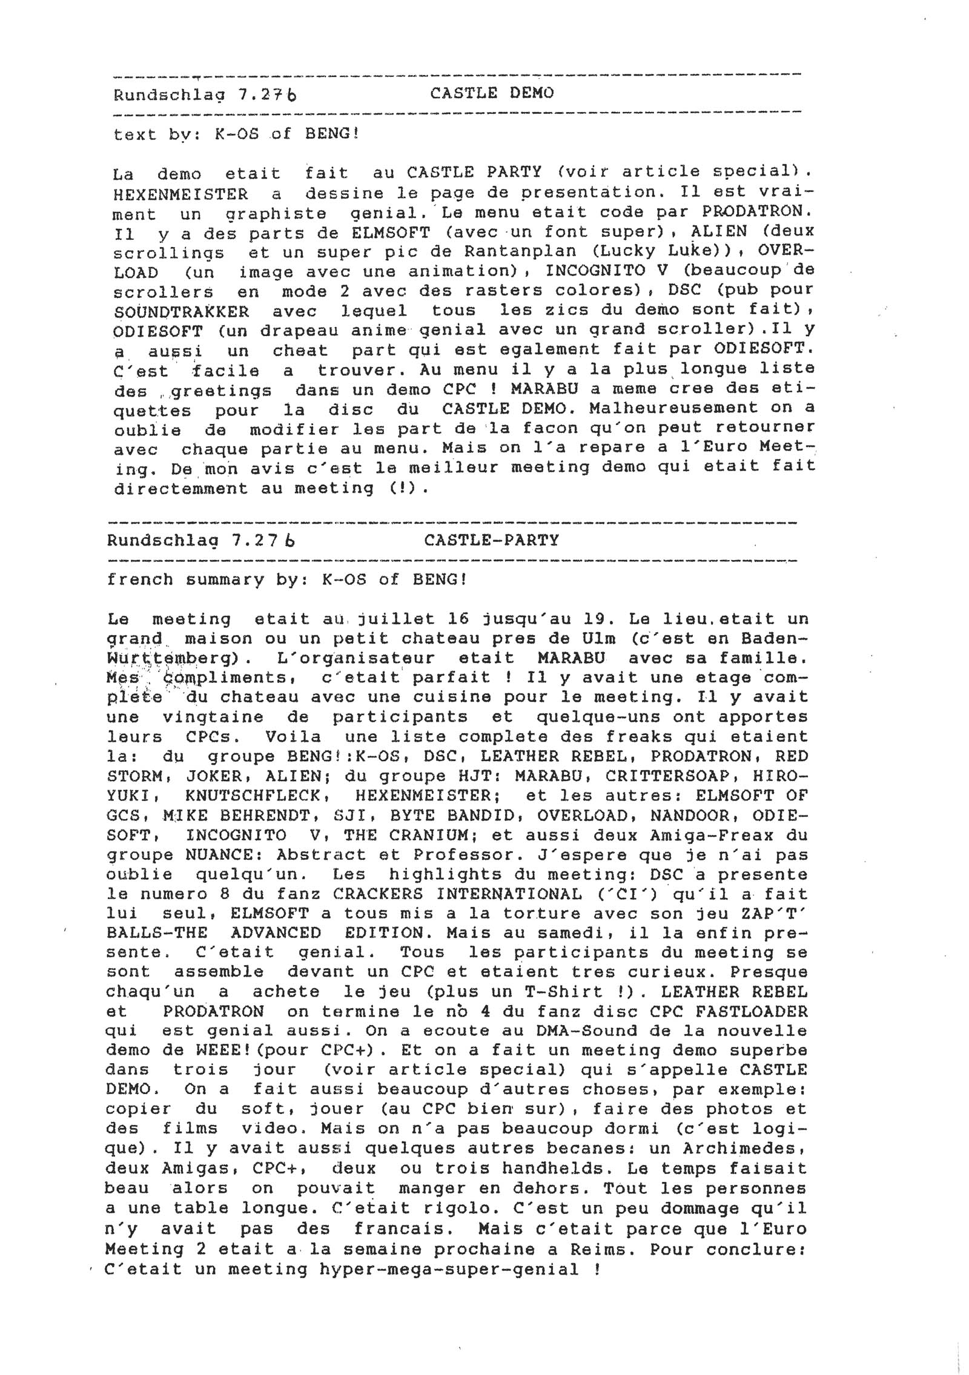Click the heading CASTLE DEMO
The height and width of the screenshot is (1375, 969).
[491, 93]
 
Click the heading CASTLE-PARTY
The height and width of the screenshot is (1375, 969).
[491, 540]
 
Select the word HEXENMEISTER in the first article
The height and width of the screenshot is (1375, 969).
[180, 194]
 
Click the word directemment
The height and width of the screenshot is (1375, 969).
[180, 488]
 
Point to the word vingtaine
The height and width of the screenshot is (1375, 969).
[213, 717]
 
